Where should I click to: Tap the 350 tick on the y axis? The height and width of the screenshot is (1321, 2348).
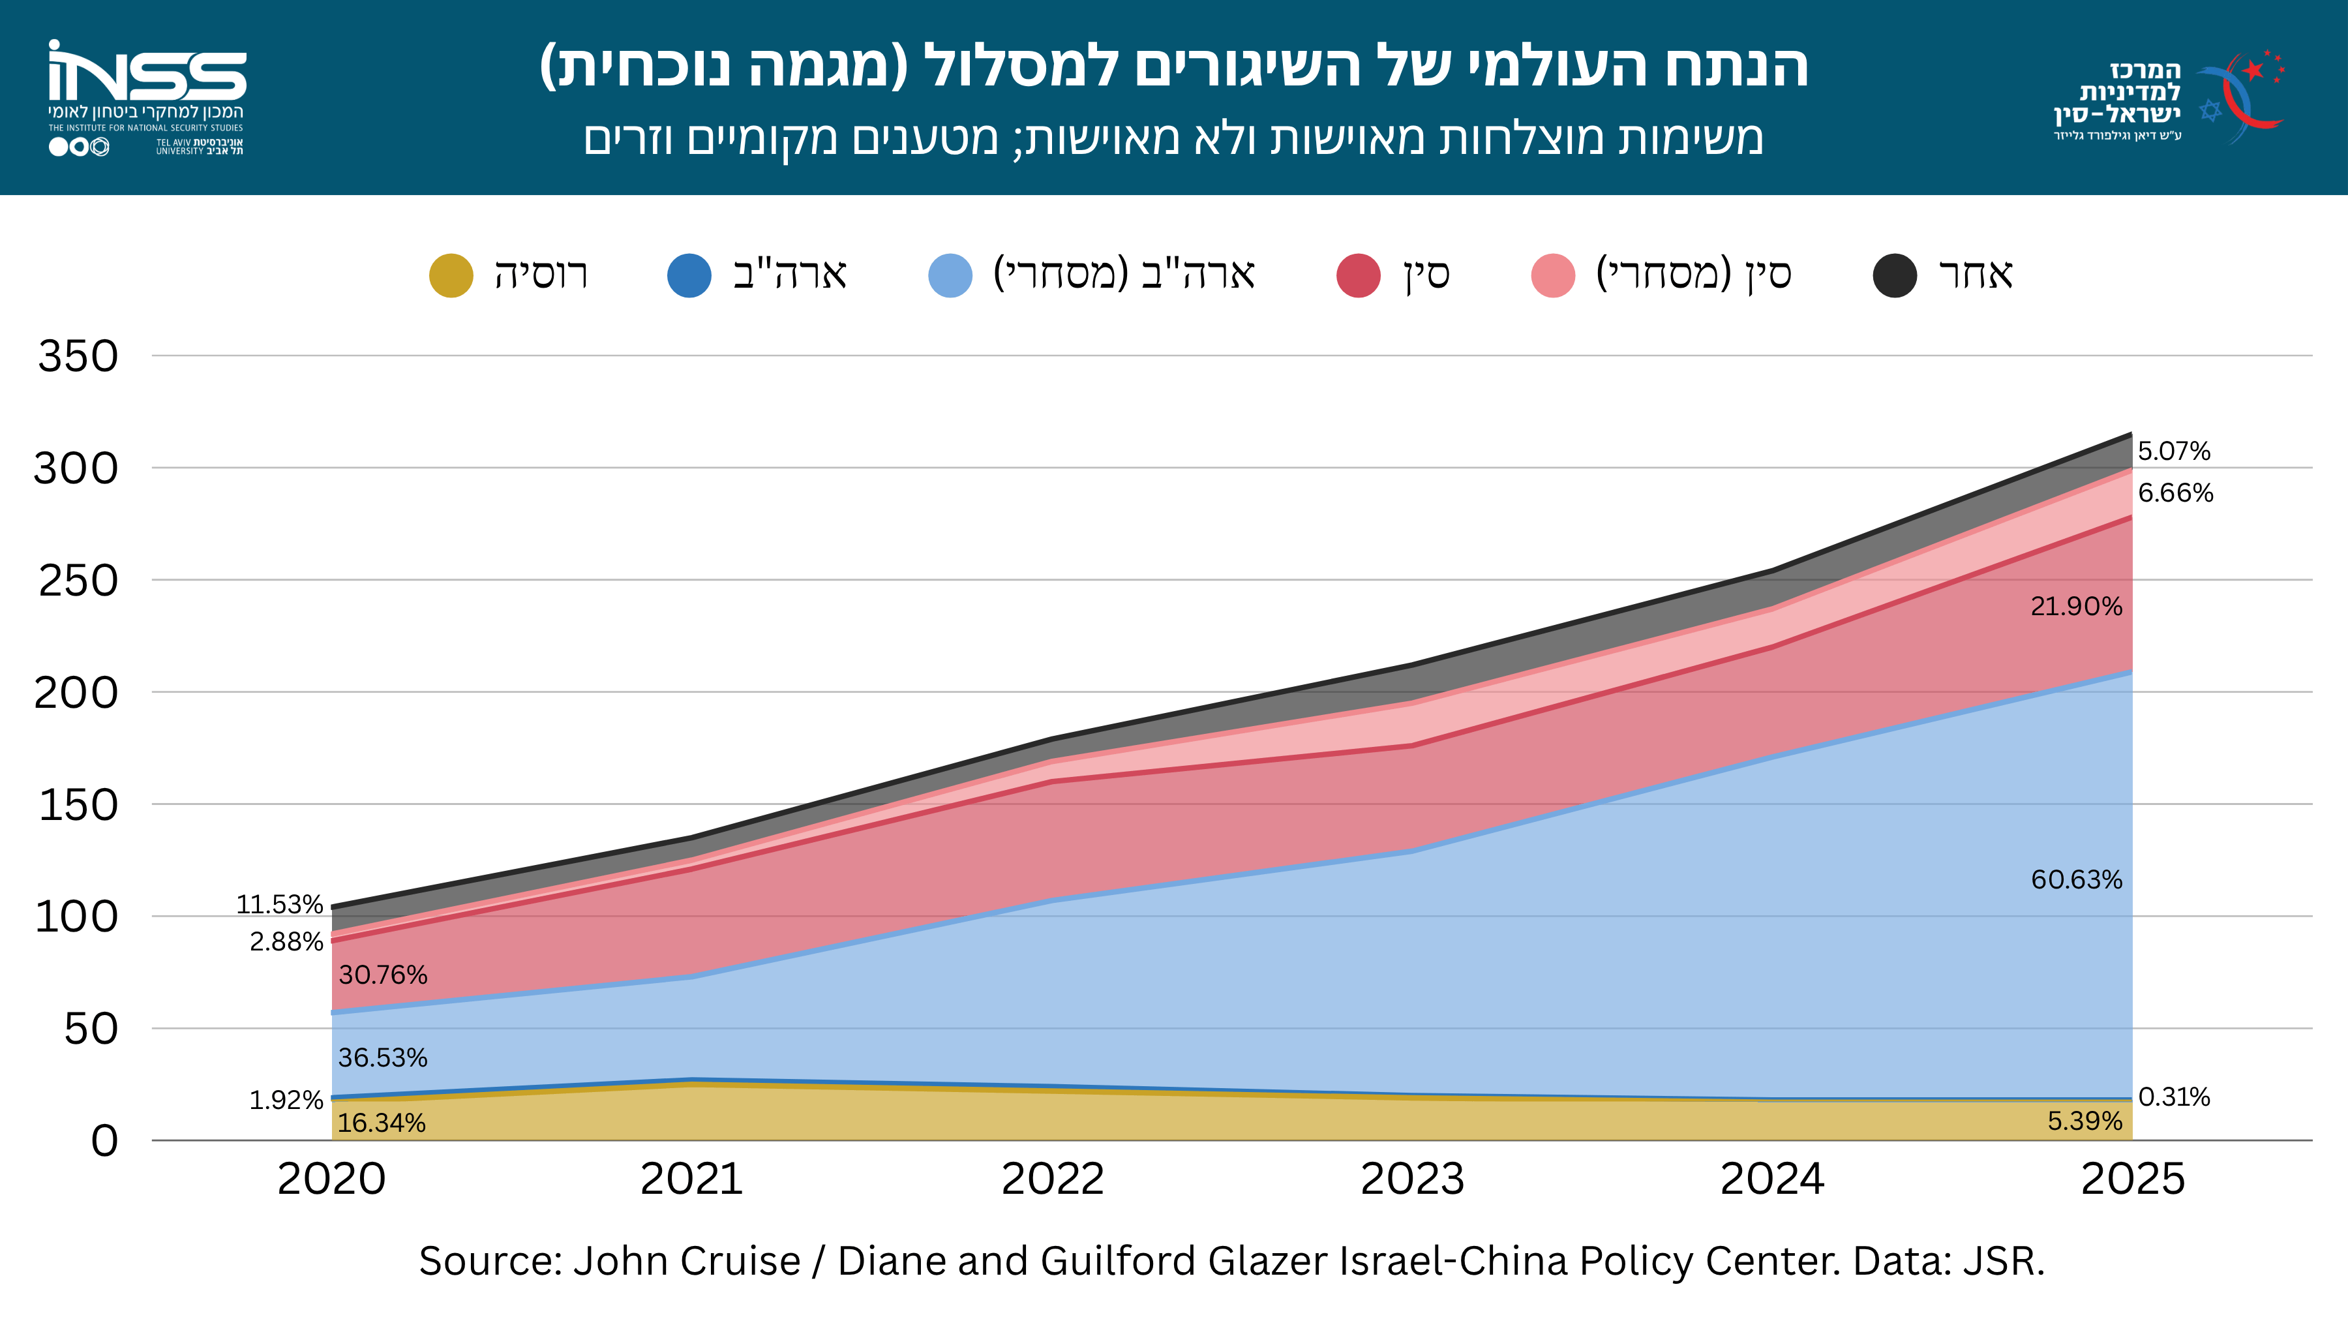pos(78,356)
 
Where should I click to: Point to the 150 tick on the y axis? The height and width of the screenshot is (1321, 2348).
pos(78,804)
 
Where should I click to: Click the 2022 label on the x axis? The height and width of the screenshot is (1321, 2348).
pos(1053,1179)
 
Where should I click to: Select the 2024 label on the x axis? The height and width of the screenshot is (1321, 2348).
pos(1772,1179)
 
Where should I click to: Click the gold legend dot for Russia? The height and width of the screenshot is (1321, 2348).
pos(451,275)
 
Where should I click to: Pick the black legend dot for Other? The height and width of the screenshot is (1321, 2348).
pos(1895,275)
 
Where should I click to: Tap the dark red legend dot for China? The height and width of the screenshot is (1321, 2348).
pos(1358,275)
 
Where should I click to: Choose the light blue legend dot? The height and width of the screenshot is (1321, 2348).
pos(950,275)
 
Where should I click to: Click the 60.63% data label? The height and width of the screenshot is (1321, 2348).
pos(2077,880)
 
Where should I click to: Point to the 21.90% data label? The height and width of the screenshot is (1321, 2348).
pos(2077,606)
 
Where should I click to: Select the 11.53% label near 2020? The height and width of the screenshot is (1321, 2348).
pos(280,904)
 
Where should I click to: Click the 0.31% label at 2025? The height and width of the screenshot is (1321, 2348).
pos(2174,1097)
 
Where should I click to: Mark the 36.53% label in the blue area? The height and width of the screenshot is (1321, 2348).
pos(383,1057)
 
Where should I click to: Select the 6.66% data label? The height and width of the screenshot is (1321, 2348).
pos(2175,493)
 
